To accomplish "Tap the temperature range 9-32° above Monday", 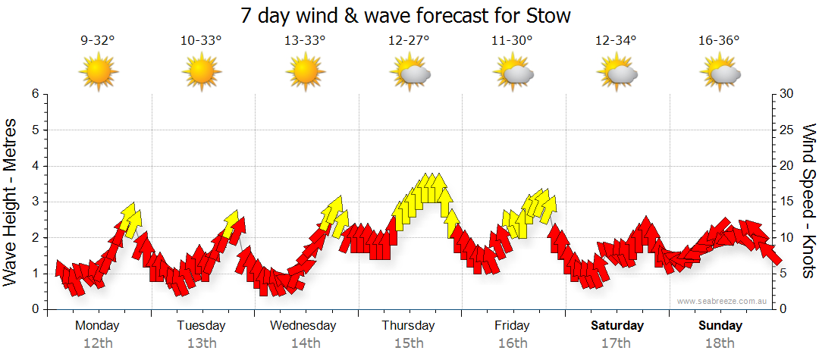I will click(98, 42).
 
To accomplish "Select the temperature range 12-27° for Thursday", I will click(409, 42).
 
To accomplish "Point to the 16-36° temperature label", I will click(719, 42).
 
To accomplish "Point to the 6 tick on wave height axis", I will click(35, 94).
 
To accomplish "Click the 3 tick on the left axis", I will click(35, 202).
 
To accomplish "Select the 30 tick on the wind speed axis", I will click(787, 94).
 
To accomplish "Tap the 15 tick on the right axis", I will click(787, 202).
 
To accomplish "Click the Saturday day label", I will click(617, 326).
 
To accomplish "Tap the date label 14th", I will click(305, 343).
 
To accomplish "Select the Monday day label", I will click(98, 326).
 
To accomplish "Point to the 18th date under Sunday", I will click(719, 343).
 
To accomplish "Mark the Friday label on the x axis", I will click(512, 326).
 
